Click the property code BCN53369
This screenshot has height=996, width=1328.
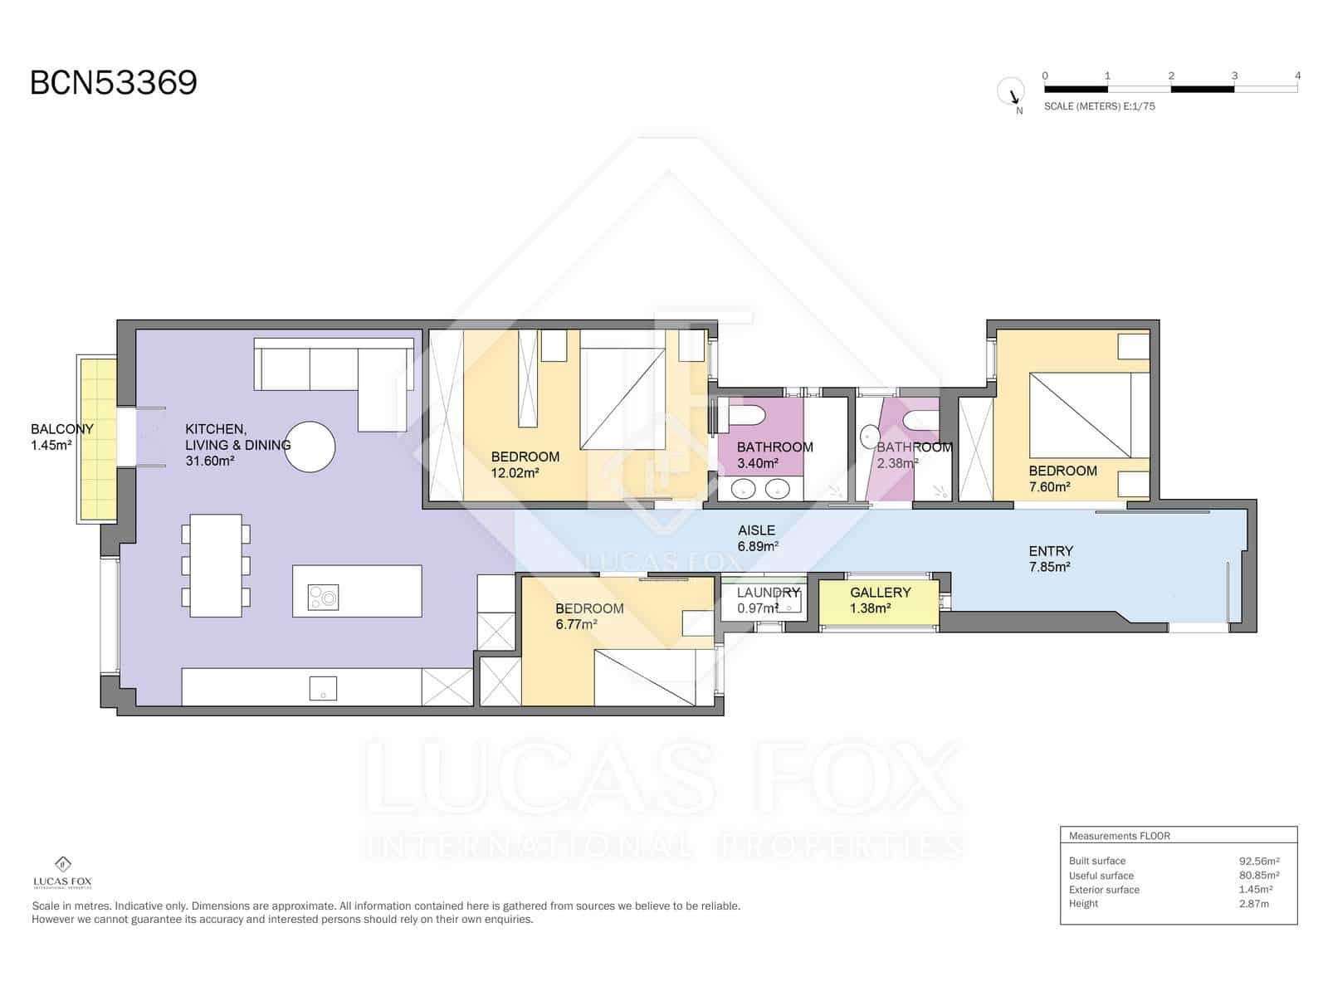tap(114, 83)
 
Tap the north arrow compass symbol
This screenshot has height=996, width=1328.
tap(1012, 91)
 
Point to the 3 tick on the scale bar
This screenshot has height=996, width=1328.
tap(1234, 76)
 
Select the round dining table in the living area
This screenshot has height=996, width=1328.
tap(310, 447)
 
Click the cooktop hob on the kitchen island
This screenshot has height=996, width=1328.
tap(324, 597)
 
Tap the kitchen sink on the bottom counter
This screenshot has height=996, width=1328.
tap(323, 688)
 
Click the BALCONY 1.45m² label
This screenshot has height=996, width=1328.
tap(61, 437)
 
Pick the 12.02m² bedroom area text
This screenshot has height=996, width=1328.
tap(515, 473)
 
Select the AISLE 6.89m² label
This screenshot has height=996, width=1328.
tap(757, 538)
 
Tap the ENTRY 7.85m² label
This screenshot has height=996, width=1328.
tap(1050, 559)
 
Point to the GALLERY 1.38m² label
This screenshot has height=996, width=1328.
tap(880, 599)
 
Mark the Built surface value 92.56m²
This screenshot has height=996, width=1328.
tap(1258, 861)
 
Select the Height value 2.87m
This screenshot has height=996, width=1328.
tap(1253, 904)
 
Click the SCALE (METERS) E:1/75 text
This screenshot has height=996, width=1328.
tap(1099, 106)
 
